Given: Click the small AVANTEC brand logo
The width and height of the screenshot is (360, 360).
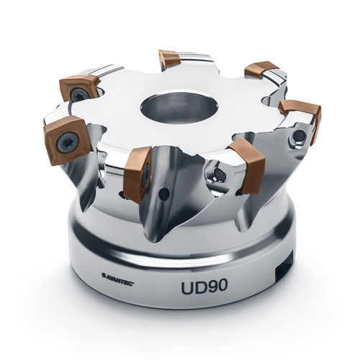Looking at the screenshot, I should pyautogui.click(x=118, y=274).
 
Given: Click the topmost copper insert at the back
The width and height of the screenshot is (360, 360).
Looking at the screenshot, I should pyautogui.click(x=169, y=59).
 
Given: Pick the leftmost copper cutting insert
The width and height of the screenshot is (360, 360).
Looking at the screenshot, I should pyautogui.click(x=66, y=138).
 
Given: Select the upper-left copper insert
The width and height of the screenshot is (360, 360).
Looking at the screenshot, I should pyautogui.click(x=79, y=87).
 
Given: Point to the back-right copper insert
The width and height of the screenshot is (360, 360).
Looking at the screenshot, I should pyautogui.click(x=261, y=70).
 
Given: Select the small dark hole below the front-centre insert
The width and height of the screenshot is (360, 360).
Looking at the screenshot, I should pyautogui.click(x=165, y=194).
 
